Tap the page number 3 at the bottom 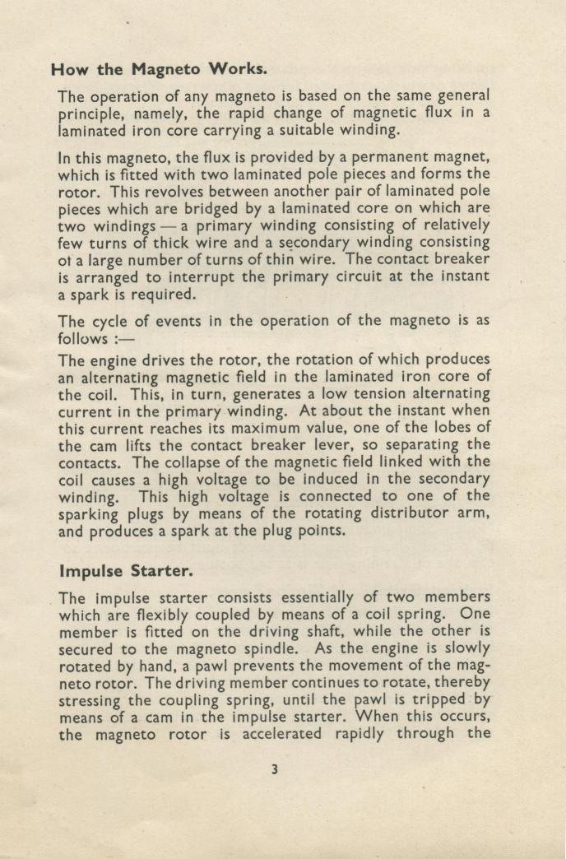tap(276, 768)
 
